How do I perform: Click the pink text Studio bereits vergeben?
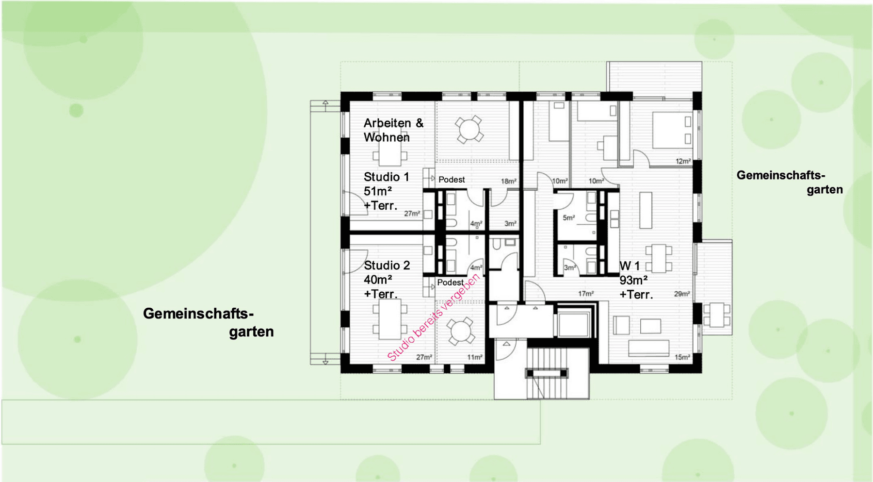(x=433, y=317)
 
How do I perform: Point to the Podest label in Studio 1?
(x=452, y=180)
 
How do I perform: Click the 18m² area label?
(x=508, y=181)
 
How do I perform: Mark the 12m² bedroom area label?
(x=683, y=161)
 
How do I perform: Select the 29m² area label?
(x=681, y=294)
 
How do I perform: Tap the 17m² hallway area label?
(x=585, y=294)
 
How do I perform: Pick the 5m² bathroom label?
(x=568, y=218)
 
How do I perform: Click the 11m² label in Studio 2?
(x=474, y=357)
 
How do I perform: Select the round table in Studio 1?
(x=469, y=129)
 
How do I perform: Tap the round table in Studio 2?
(x=460, y=332)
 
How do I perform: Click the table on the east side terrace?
(x=717, y=315)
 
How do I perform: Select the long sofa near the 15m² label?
(x=648, y=348)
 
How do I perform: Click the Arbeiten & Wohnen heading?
(x=393, y=130)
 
